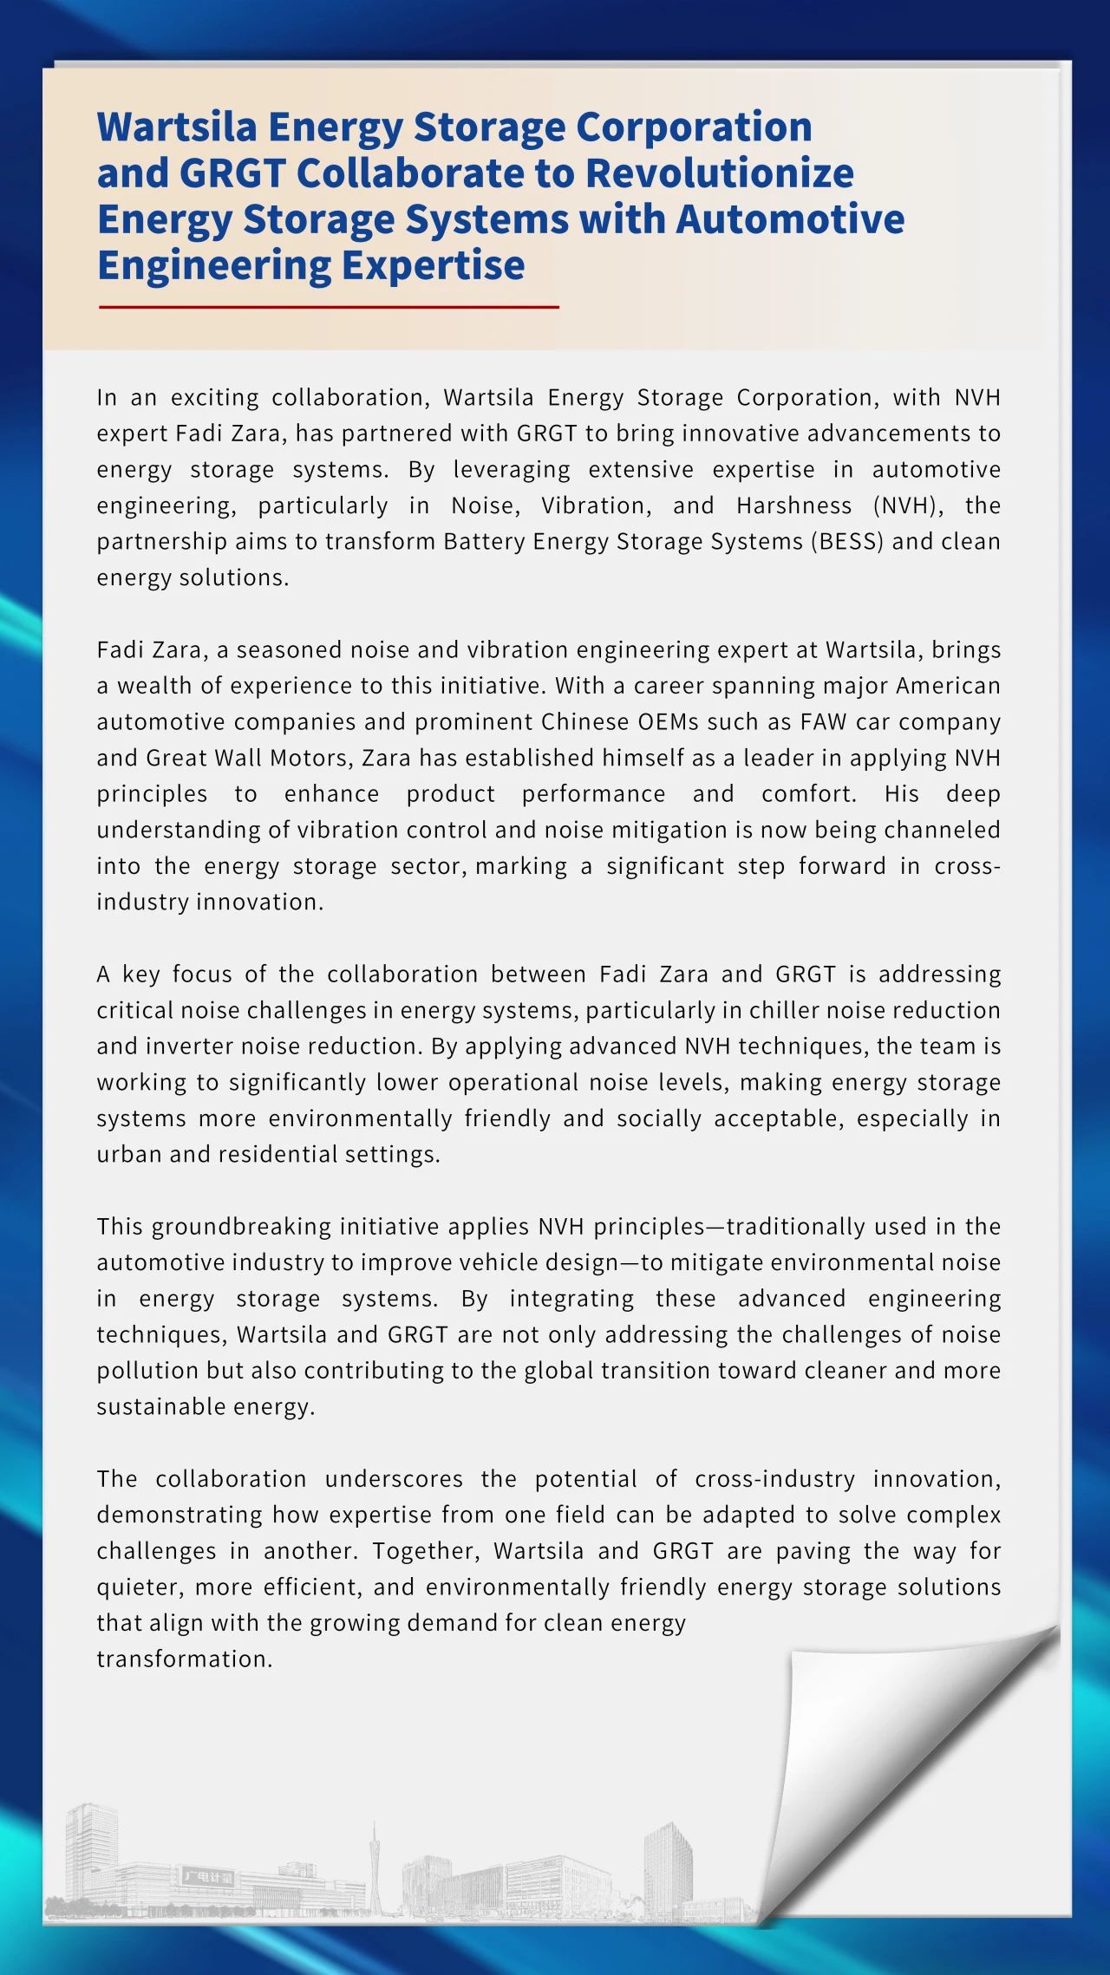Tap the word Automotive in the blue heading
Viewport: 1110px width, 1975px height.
pos(790,218)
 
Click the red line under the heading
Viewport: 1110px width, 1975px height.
pos(329,307)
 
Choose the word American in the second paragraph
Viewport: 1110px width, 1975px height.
pos(948,686)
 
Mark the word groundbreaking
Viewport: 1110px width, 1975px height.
pos(241,1226)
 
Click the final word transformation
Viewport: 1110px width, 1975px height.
pos(184,1659)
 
